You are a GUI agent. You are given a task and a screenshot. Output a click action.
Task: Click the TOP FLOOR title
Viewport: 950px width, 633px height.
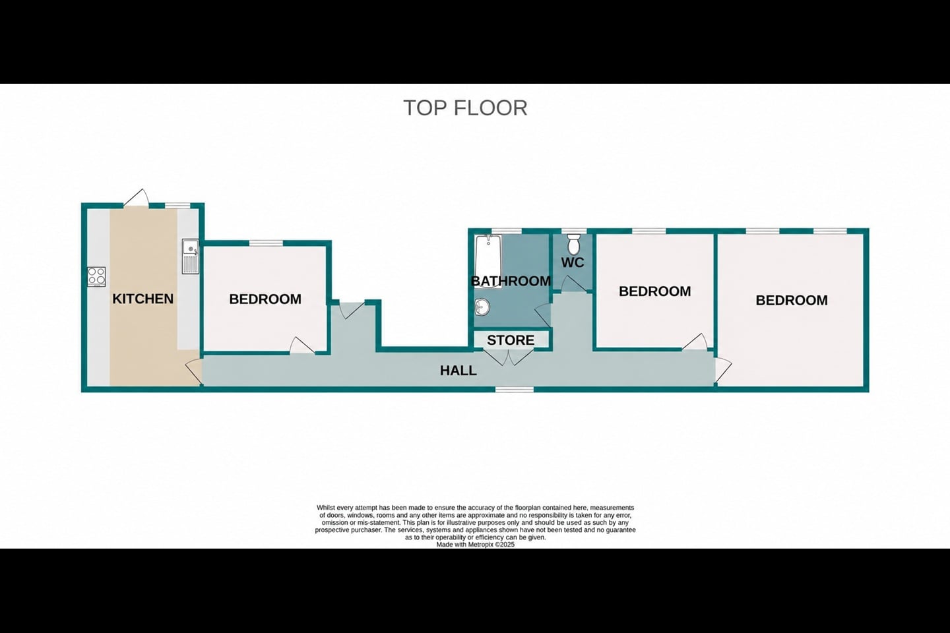pyautogui.click(x=465, y=107)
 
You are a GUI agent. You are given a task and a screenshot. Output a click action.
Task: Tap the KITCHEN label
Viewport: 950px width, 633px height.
pyautogui.click(x=143, y=299)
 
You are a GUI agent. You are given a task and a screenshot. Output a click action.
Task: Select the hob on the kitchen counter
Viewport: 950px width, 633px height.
pyautogui.click(x=97, y=276)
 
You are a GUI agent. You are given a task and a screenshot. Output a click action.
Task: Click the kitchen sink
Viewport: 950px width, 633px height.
pyautogui.click(x=191, y=256)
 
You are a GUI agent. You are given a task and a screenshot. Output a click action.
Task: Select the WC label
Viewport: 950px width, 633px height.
pyautogui.click(x=573, y=263)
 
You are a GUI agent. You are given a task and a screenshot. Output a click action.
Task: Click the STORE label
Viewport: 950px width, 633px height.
pyautogui.click(x=511, y=340)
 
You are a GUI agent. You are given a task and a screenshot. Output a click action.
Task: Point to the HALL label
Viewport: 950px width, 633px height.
pyautogui.click(x=458, y=371)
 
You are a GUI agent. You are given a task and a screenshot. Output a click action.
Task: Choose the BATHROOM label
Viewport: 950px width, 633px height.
pyautogui.click(x=511, y=281)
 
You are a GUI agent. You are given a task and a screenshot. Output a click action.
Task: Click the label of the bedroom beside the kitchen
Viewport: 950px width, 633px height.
pyautogui.click(x=265, y=299)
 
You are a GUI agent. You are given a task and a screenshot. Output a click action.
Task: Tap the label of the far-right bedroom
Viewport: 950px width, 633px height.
pyautogui.click(x=792, y=300)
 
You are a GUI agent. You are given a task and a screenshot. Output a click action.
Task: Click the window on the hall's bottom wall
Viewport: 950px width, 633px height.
pyautogui.click(x=515, y=389)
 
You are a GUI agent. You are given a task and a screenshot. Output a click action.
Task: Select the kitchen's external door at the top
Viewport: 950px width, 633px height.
pyautogui.click(x=137, y=198)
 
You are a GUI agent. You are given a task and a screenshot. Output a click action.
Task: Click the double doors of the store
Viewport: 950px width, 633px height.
pyautogui.click(x=509, y=356)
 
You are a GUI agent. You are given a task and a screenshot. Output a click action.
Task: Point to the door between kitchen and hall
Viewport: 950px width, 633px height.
pyautogui.click(x=193, y=372)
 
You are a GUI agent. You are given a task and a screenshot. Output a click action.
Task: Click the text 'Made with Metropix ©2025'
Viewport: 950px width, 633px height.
pyautogui.click(x=476, y=545)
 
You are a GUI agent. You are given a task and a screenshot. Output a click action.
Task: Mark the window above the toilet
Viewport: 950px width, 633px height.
pyautogui.click(x=574, y=231)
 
